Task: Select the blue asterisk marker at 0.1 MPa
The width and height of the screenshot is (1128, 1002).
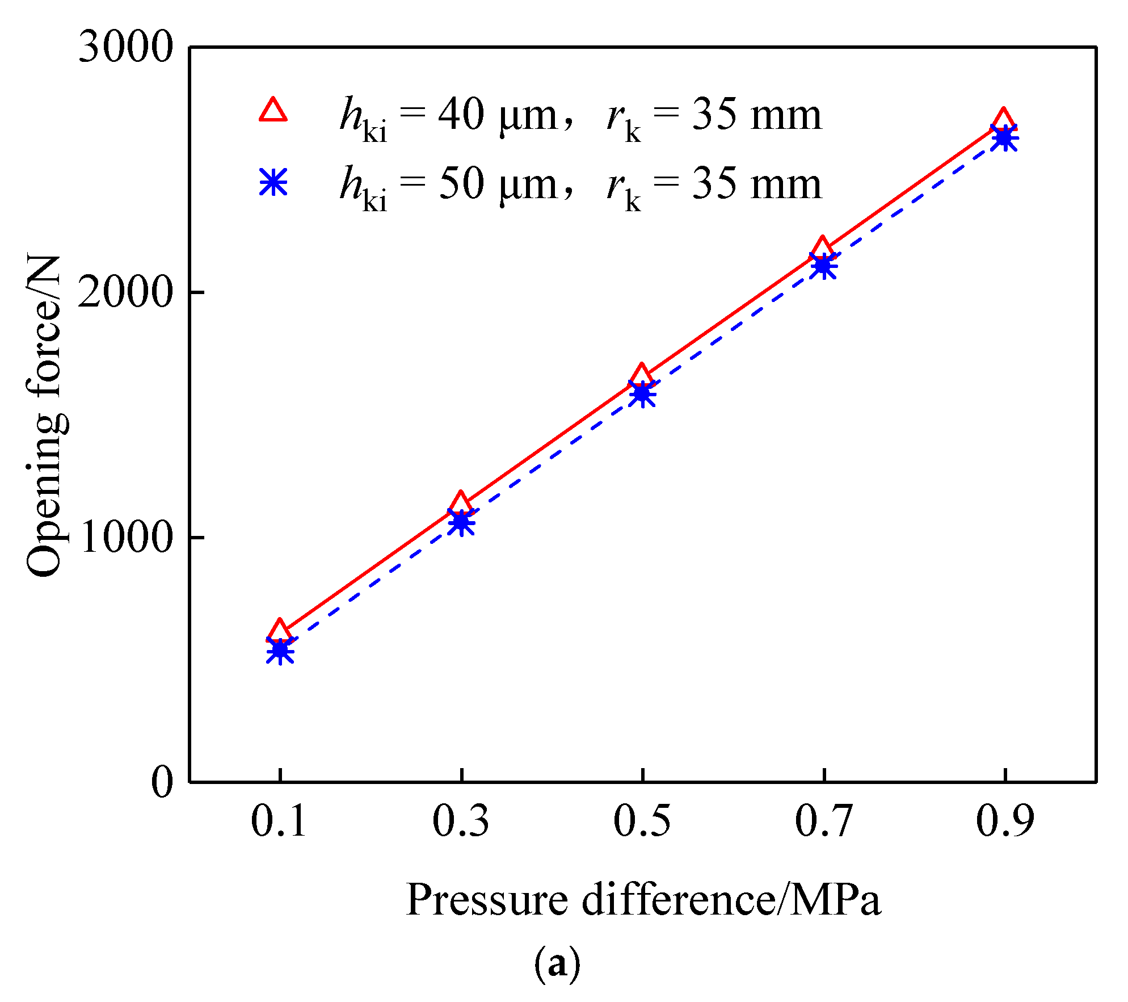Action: pos(280,651)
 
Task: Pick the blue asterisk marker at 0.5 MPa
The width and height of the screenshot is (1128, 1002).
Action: pos(642,394)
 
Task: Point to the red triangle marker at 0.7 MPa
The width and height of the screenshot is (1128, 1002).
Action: pos(822,249)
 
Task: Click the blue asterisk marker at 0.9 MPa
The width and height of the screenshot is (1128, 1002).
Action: pos(1004,138)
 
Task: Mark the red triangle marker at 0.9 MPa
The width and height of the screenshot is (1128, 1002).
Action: pos(1003,119)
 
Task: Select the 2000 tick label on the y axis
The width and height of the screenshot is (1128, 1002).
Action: pos(125,292)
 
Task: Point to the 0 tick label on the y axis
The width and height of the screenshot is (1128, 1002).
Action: pos(162,782)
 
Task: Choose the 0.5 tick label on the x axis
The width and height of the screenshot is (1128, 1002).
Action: pos(642,821)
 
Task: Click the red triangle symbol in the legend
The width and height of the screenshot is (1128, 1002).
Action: pos(273,110)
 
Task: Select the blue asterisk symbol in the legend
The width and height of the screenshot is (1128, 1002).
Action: pos(273,182)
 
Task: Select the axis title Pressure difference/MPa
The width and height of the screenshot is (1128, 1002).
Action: pos(643,901)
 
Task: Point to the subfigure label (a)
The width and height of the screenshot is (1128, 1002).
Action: pos(557,964)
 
